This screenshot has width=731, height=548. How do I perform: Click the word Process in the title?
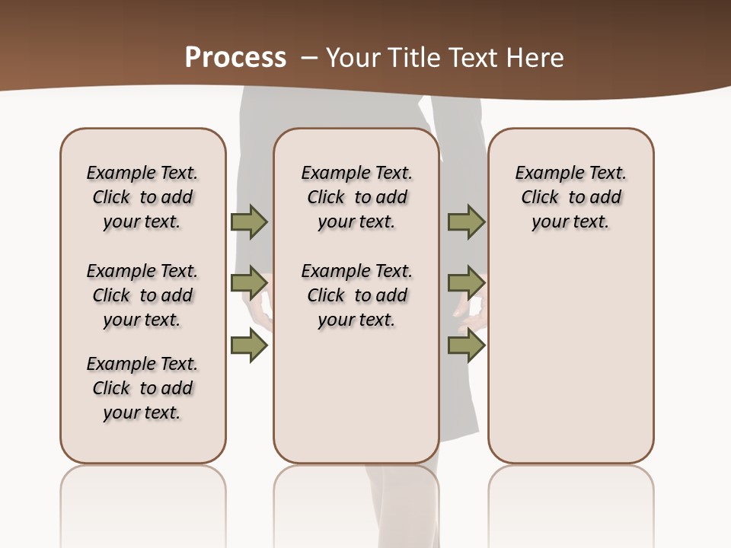235,58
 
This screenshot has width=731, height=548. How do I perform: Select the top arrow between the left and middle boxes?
249,222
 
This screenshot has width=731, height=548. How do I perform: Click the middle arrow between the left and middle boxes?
249,283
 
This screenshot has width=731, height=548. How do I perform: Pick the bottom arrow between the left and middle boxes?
249,346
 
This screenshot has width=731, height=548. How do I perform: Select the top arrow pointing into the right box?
466,222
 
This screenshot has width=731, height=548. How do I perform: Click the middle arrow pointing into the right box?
466,283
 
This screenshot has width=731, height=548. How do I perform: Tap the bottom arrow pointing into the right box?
466,346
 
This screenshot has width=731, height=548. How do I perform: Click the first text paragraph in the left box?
142,197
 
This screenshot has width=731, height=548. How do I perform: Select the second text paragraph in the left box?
142,295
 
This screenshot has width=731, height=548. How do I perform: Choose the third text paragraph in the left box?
142,388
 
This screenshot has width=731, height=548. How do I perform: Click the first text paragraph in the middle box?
357,197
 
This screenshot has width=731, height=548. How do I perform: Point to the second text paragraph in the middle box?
357,295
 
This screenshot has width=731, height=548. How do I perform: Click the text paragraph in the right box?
571,197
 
